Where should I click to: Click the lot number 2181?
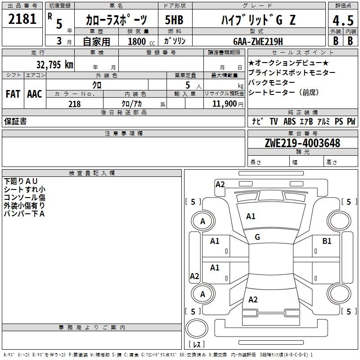[x=22, y=19]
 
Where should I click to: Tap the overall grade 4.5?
[x=343, y=20]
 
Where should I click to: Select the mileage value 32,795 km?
[x=55, y=65]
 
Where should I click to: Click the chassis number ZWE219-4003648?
[x=302, y=143]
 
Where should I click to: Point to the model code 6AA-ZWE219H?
[x=258, y=41]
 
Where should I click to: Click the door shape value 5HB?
[x=174, y=20]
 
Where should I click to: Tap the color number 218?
[x=75, y=104]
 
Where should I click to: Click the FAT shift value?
[x=13, y=94]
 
